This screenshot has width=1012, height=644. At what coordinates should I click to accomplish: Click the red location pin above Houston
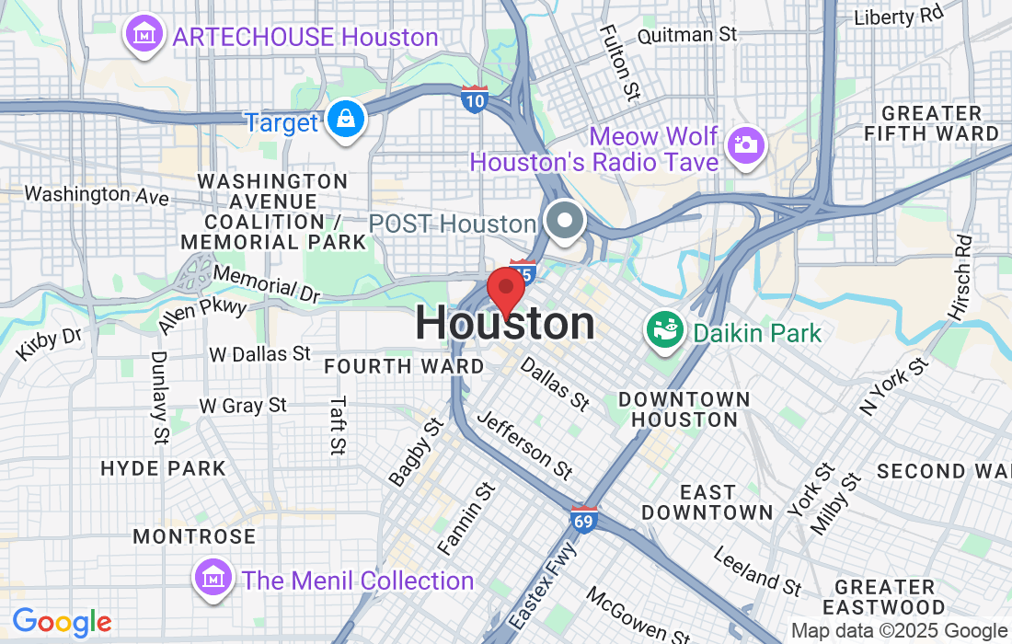click(x=505, y=289)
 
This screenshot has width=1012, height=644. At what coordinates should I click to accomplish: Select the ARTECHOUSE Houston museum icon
click(x=144, y=35)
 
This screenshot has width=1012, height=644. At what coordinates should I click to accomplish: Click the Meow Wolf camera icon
click(x=743, y=144)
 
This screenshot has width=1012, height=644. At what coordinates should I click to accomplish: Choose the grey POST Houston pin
click(x=564, y=222)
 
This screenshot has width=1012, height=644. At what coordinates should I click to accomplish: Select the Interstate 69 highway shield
click(x=583, y=518)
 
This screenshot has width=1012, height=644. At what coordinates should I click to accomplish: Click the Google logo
click(x=62, y=623)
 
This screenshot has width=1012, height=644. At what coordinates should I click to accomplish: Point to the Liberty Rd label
click(x=899, y=17)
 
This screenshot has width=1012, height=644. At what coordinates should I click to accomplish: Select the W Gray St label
click(x=243, y=405)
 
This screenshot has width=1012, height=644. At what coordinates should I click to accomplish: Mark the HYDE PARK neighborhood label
click(x=163, y=468)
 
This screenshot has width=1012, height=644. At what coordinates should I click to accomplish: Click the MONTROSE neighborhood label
click(x=194, y=535)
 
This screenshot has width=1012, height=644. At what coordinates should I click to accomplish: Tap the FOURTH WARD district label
click(x=404, y=366)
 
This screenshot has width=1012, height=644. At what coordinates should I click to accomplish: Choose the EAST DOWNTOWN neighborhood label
click(x=707, y=502)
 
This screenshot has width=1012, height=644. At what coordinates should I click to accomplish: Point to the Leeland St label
click(x=758, y=569)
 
